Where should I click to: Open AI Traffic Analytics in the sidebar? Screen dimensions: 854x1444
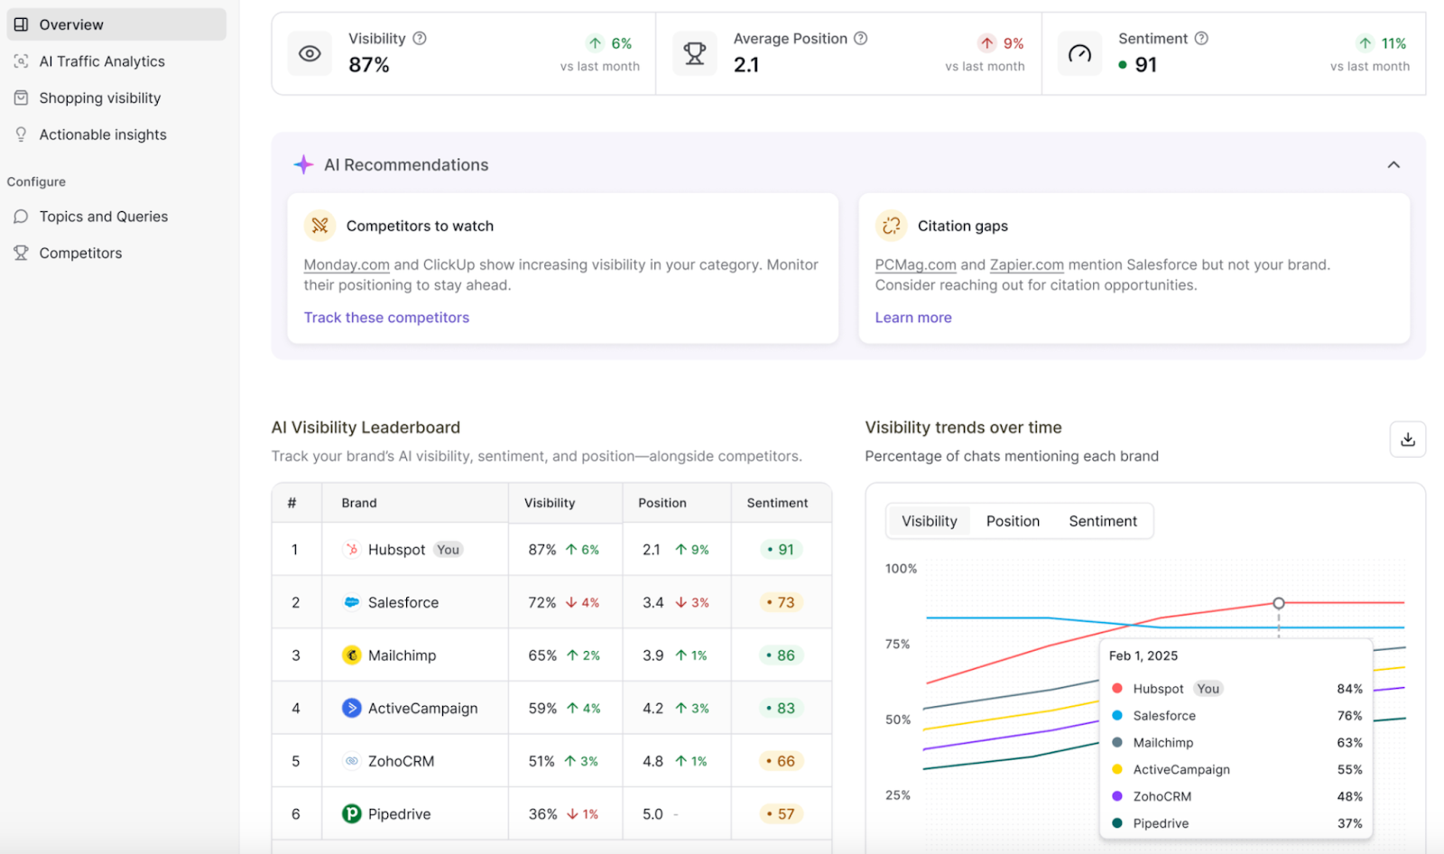pos(102,61)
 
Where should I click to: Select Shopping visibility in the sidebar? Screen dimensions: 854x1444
pos(99,97)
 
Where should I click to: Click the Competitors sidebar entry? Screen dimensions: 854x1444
pos(80,253)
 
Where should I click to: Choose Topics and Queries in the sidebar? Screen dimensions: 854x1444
pos(103,217)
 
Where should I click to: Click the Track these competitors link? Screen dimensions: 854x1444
pos(386,318)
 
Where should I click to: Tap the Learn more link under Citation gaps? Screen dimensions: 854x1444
pos(912,318)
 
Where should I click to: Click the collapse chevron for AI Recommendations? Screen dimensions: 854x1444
pos(1393,165)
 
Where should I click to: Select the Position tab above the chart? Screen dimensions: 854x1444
pos(1013,521)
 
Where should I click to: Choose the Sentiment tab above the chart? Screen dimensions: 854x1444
pos(1103,521)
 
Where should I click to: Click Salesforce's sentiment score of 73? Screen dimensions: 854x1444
pos(781,602)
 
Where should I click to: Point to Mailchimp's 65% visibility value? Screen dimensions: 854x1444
pos(542,655)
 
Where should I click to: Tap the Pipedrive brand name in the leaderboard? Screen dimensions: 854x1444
pos(399,814)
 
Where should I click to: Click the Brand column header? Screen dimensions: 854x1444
pos(359,503)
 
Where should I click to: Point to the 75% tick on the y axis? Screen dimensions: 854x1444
pos(897,645)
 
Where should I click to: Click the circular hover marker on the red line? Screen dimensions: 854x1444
pos(1279,603)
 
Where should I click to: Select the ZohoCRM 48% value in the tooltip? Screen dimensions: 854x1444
pos(1349,796)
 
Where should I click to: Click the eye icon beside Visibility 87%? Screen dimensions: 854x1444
pos(310,53)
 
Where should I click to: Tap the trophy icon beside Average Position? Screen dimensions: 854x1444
pos(695,53)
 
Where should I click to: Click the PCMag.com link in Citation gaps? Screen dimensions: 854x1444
pos(915,265)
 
